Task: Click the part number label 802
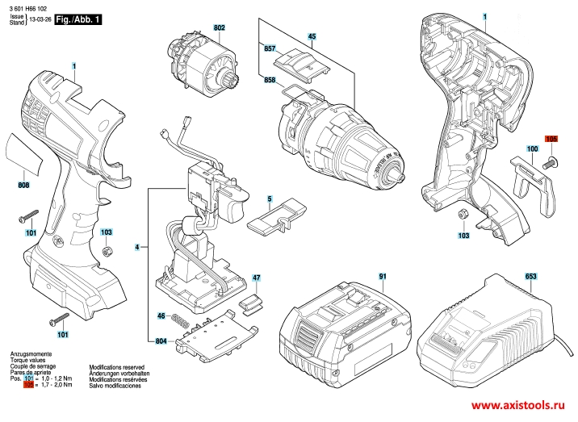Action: tap(219, 28)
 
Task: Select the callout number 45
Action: tap(312, 36)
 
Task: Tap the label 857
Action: tap(270, 49)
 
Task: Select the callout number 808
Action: tap(25, 186)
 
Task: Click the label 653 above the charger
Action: tap(530, 277)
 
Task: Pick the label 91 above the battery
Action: tap(382, 277)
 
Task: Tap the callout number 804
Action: tap(161, 341)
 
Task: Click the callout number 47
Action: tap(256, 278)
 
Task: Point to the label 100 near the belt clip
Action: tap(533, 149)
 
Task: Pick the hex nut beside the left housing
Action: tap(106, 253)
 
